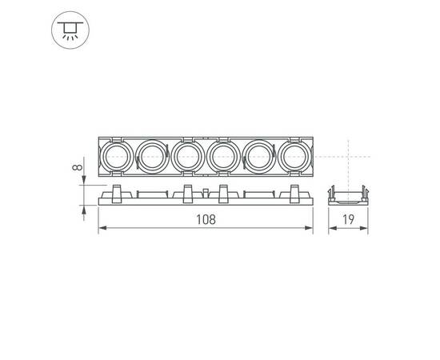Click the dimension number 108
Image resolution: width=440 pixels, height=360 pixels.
[x=206, y=219]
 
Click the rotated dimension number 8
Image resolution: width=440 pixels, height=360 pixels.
[x=74, y=168]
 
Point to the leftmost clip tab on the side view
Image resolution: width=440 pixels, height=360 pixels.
[x=115, y=191]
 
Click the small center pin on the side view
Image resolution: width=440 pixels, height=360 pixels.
[x=205, y=193]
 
